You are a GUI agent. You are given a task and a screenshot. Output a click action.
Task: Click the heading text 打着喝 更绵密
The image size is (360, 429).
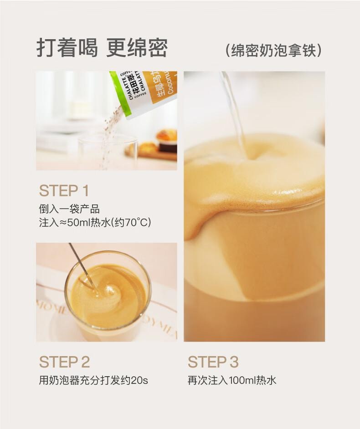102,47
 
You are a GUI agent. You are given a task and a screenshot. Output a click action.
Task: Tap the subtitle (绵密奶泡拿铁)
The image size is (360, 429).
273,50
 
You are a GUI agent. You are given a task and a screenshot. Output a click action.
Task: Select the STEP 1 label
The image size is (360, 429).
64,190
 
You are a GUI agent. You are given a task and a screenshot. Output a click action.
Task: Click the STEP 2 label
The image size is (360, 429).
65,362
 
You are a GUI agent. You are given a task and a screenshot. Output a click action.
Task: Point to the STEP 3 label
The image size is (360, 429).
213,362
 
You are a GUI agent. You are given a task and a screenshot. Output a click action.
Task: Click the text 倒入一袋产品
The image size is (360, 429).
69,209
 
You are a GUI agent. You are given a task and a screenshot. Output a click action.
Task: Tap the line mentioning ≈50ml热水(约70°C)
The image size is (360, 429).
95,223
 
